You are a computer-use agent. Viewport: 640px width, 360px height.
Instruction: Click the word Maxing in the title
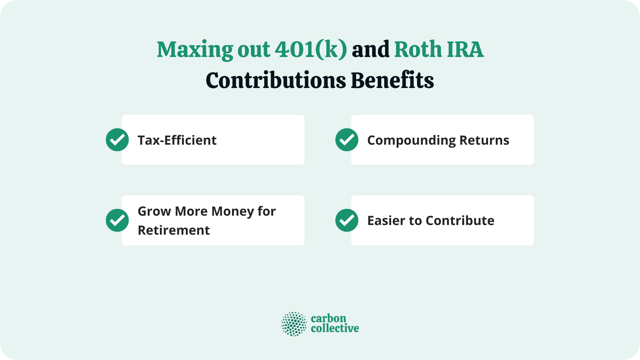(195, 50)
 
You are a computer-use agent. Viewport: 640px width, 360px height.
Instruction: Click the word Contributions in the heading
(276, 81)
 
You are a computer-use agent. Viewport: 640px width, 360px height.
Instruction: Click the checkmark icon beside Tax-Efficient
(117, 140)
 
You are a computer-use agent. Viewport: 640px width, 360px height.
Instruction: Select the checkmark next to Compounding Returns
(347, 140)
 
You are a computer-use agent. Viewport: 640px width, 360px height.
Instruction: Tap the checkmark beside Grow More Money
(117, 220)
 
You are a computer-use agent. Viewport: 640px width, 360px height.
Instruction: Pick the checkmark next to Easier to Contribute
(347, 220)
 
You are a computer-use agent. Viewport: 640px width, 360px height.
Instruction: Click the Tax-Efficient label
(177, 140)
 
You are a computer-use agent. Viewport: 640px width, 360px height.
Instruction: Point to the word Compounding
(411, 140)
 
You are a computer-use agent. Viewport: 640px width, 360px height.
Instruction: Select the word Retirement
(174, 230)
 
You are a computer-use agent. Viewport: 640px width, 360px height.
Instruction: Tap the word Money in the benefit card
(232, 211)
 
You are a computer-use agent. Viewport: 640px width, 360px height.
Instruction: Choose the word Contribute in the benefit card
(460, 221)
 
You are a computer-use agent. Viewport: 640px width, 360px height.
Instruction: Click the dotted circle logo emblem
(294, 324)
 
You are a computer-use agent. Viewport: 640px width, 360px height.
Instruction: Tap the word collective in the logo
(335, 329)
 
